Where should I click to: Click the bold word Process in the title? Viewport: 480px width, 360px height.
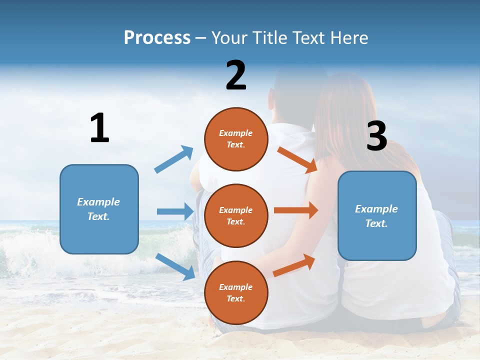(157, 38)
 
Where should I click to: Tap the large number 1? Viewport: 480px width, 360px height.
(99, 128)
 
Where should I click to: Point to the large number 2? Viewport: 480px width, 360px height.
(236, 75)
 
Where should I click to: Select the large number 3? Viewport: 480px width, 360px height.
(376, 135)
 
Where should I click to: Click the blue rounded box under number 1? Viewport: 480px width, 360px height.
(99, 209)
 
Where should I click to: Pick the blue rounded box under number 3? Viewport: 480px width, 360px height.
(377, 215)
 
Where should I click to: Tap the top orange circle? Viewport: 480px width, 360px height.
(236, 139)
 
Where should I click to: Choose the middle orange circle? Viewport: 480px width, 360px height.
(236, 215)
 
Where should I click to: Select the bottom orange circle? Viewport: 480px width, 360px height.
(236, 292)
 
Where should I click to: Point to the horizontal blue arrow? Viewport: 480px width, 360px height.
(175, 211)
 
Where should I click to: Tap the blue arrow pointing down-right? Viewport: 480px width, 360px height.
(175, 266)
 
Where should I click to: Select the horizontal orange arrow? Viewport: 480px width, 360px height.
(296, 210)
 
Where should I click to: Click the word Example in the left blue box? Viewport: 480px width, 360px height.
(98, 202)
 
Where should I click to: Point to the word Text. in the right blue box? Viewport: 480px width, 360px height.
(376, 223)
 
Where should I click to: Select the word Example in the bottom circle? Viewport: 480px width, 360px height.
(236, 287)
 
